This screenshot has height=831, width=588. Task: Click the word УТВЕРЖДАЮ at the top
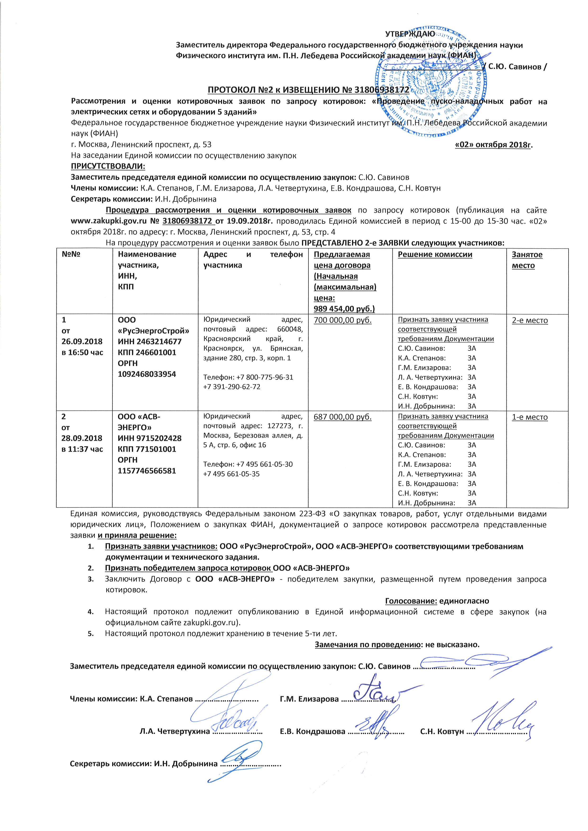tap(409, 34)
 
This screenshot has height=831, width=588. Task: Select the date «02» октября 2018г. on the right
tap(494, 145)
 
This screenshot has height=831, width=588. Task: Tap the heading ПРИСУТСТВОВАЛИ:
tap(108, 166)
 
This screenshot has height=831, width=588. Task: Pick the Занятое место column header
tap(527, 260)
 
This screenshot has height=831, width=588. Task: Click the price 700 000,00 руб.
tap(343, 320)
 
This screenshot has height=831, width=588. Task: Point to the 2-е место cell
tap(529, 320)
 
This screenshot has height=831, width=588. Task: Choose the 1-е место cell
tap(529, 417)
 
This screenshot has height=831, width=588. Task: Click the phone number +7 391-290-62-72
tap(232, 387)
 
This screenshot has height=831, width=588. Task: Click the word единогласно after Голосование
tap(464, 601)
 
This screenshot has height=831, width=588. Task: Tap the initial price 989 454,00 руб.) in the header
tap(344, 309)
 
